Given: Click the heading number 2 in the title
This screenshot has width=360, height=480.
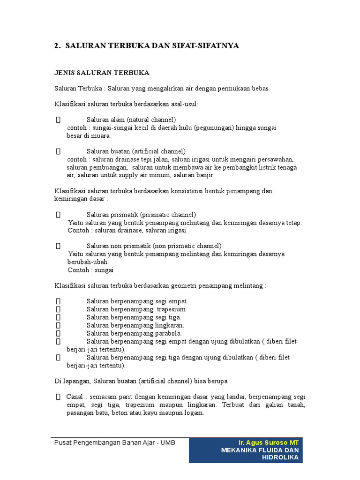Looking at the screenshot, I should click(x=56, y=46).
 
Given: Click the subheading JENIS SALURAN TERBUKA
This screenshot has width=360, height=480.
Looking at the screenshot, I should click(x=102, y=73).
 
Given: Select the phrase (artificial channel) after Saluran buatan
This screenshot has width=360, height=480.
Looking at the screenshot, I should click(x=158, y=151).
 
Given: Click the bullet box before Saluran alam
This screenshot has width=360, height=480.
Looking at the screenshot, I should click(x=58, y=120).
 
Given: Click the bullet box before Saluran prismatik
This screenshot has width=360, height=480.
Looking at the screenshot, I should click(x=58, y=214).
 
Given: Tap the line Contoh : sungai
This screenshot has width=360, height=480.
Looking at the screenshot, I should click(x=91, y=270).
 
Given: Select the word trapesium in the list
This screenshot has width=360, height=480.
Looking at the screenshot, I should click(x=171, y=309).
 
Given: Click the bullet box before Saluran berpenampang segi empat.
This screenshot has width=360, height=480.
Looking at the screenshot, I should click(x=58, y=301).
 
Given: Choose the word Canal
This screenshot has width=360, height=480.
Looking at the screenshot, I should click(x=75, y=397).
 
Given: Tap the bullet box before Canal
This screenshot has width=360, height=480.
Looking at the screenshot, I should click(x=58, y=397).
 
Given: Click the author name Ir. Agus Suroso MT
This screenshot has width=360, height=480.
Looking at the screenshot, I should click(x=269, y=442).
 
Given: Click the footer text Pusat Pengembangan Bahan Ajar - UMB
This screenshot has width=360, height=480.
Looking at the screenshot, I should click(x=115, y=442).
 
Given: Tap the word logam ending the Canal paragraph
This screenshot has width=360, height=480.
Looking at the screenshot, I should click(x=195, y=413).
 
